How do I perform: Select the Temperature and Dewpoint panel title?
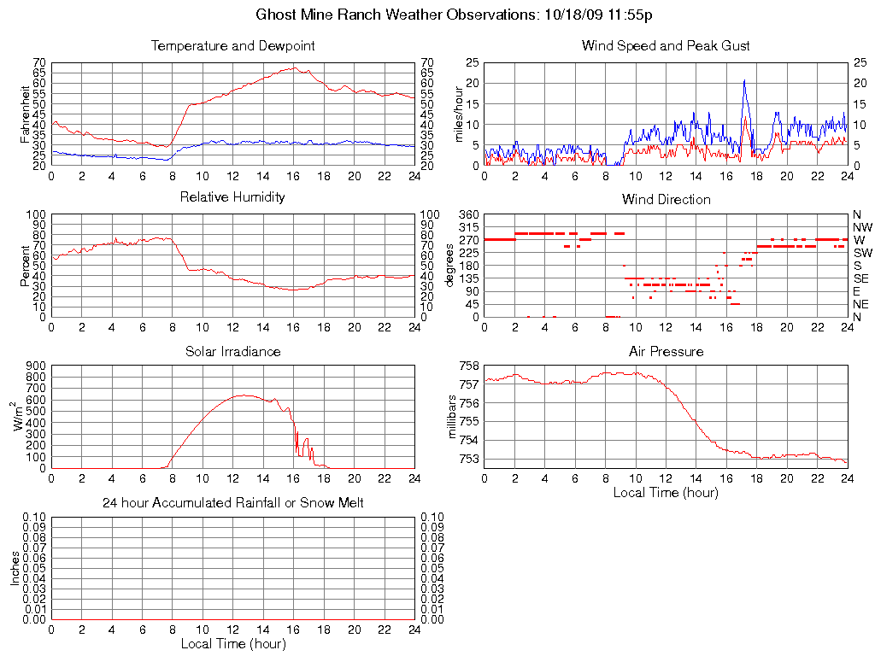tap(232, 45)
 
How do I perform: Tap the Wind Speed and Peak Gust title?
tap(666, 45)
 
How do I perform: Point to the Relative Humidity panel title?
tap(232, 197)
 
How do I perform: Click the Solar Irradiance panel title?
tap(232, 351)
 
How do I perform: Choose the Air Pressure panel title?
tap(666, 351)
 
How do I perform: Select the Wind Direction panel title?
tap(666, 199)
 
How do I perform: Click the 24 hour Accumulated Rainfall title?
tap(232, 503)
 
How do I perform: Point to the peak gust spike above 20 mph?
tap(744, 81)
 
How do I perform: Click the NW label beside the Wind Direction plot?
tap(861, 227)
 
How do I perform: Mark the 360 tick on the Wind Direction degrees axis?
tap(469, 214)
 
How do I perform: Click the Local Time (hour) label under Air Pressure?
tap(666, 492)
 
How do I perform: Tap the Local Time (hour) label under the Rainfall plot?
tap(232, 643)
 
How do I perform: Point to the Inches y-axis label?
tap(15, 568)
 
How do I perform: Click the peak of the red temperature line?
tap(294, 67)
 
